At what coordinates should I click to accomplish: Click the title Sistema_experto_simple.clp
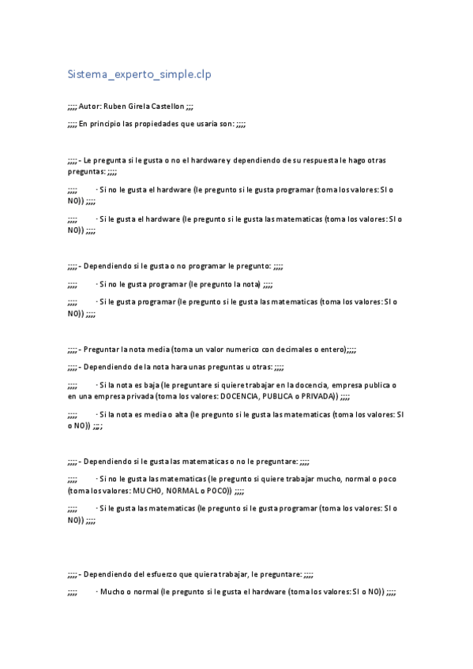[x=139, y=74]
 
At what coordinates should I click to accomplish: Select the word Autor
[x=89, y=106]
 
